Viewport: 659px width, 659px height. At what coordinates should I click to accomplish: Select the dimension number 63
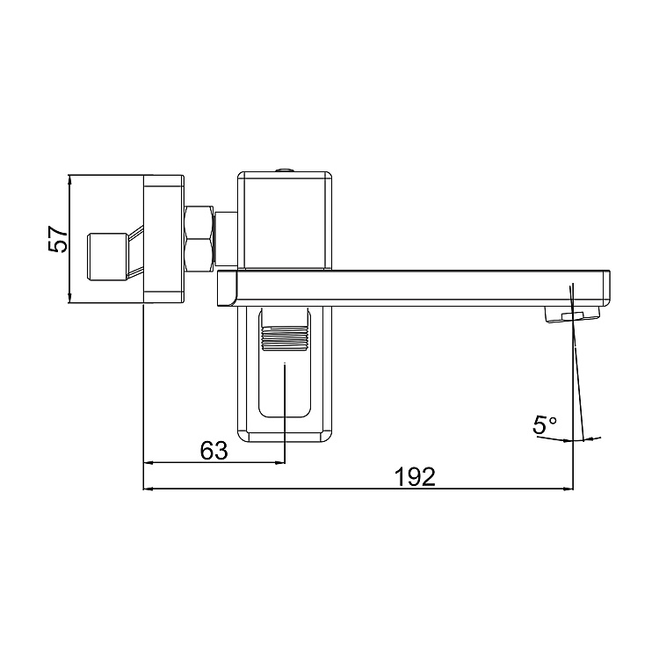(214, 450)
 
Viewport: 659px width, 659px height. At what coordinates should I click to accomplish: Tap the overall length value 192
(415, 476)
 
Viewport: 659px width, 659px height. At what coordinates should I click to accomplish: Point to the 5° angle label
(545, 425)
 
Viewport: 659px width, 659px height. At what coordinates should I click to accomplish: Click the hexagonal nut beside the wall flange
(199, 237)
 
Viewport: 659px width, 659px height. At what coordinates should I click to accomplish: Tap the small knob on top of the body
(285, 170)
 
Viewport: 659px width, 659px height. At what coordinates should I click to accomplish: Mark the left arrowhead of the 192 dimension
(148, 488)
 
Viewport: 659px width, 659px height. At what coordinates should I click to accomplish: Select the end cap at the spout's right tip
(605, 287)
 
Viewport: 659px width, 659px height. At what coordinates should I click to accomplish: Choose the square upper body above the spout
(286, 220)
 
